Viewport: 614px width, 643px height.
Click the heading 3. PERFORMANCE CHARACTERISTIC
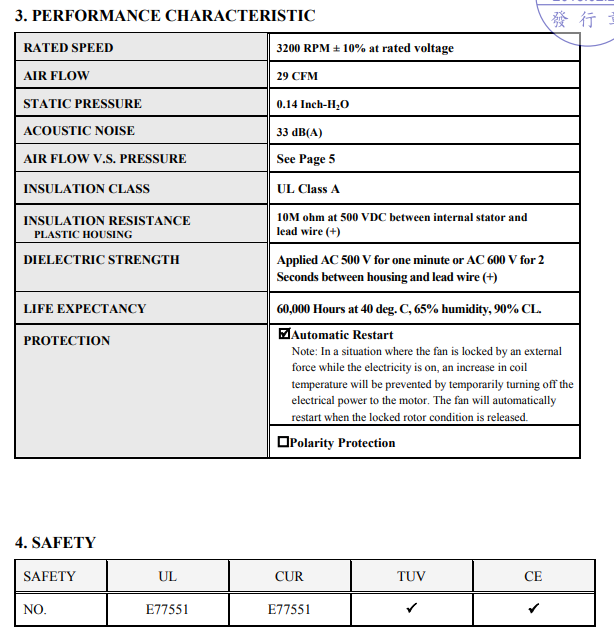click(165, 16)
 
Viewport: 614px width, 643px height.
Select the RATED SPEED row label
click(68, 48)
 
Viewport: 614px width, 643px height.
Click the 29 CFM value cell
click(297, 76)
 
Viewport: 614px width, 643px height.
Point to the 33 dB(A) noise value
click(300, 132)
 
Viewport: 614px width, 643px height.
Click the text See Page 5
click(306, 159)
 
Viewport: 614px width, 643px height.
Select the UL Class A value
click(308, 189)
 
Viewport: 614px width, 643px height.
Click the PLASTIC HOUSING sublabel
click(83, 234)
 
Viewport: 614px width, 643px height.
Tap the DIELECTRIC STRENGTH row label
click(101, 260)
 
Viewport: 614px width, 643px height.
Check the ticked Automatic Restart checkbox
click(284, 335)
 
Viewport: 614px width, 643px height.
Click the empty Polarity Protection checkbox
click(284, 442)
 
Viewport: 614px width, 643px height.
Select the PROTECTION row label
click(66, 341)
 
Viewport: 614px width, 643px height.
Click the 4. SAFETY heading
click(55, 543)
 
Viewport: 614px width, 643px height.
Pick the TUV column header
click(411, 576)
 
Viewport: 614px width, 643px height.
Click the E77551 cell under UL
click(167, 608)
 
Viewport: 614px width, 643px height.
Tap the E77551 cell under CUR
click(289, 608)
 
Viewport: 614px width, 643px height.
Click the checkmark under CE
click(533, 607)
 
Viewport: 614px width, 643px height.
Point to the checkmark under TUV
click(411, 607)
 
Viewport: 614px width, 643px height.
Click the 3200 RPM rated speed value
click(364, 48)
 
